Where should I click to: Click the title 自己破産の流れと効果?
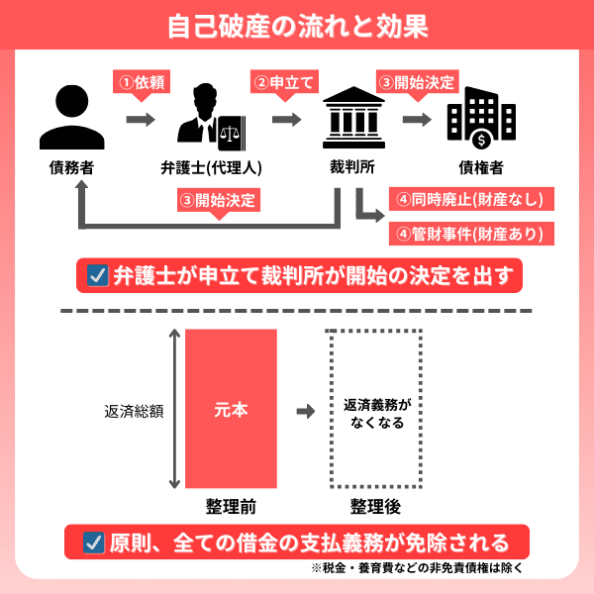click(x=296, y=25)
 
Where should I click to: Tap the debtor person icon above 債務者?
click(x=72, y=113)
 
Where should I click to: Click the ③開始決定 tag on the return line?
click(x=219, y=200)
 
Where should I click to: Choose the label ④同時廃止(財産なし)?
click(x=470, y=199)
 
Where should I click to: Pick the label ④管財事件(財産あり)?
click(x=470, y=234)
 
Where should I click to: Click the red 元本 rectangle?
click(x=231, y=409)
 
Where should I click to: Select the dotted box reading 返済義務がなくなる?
click(x=375, y=409)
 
